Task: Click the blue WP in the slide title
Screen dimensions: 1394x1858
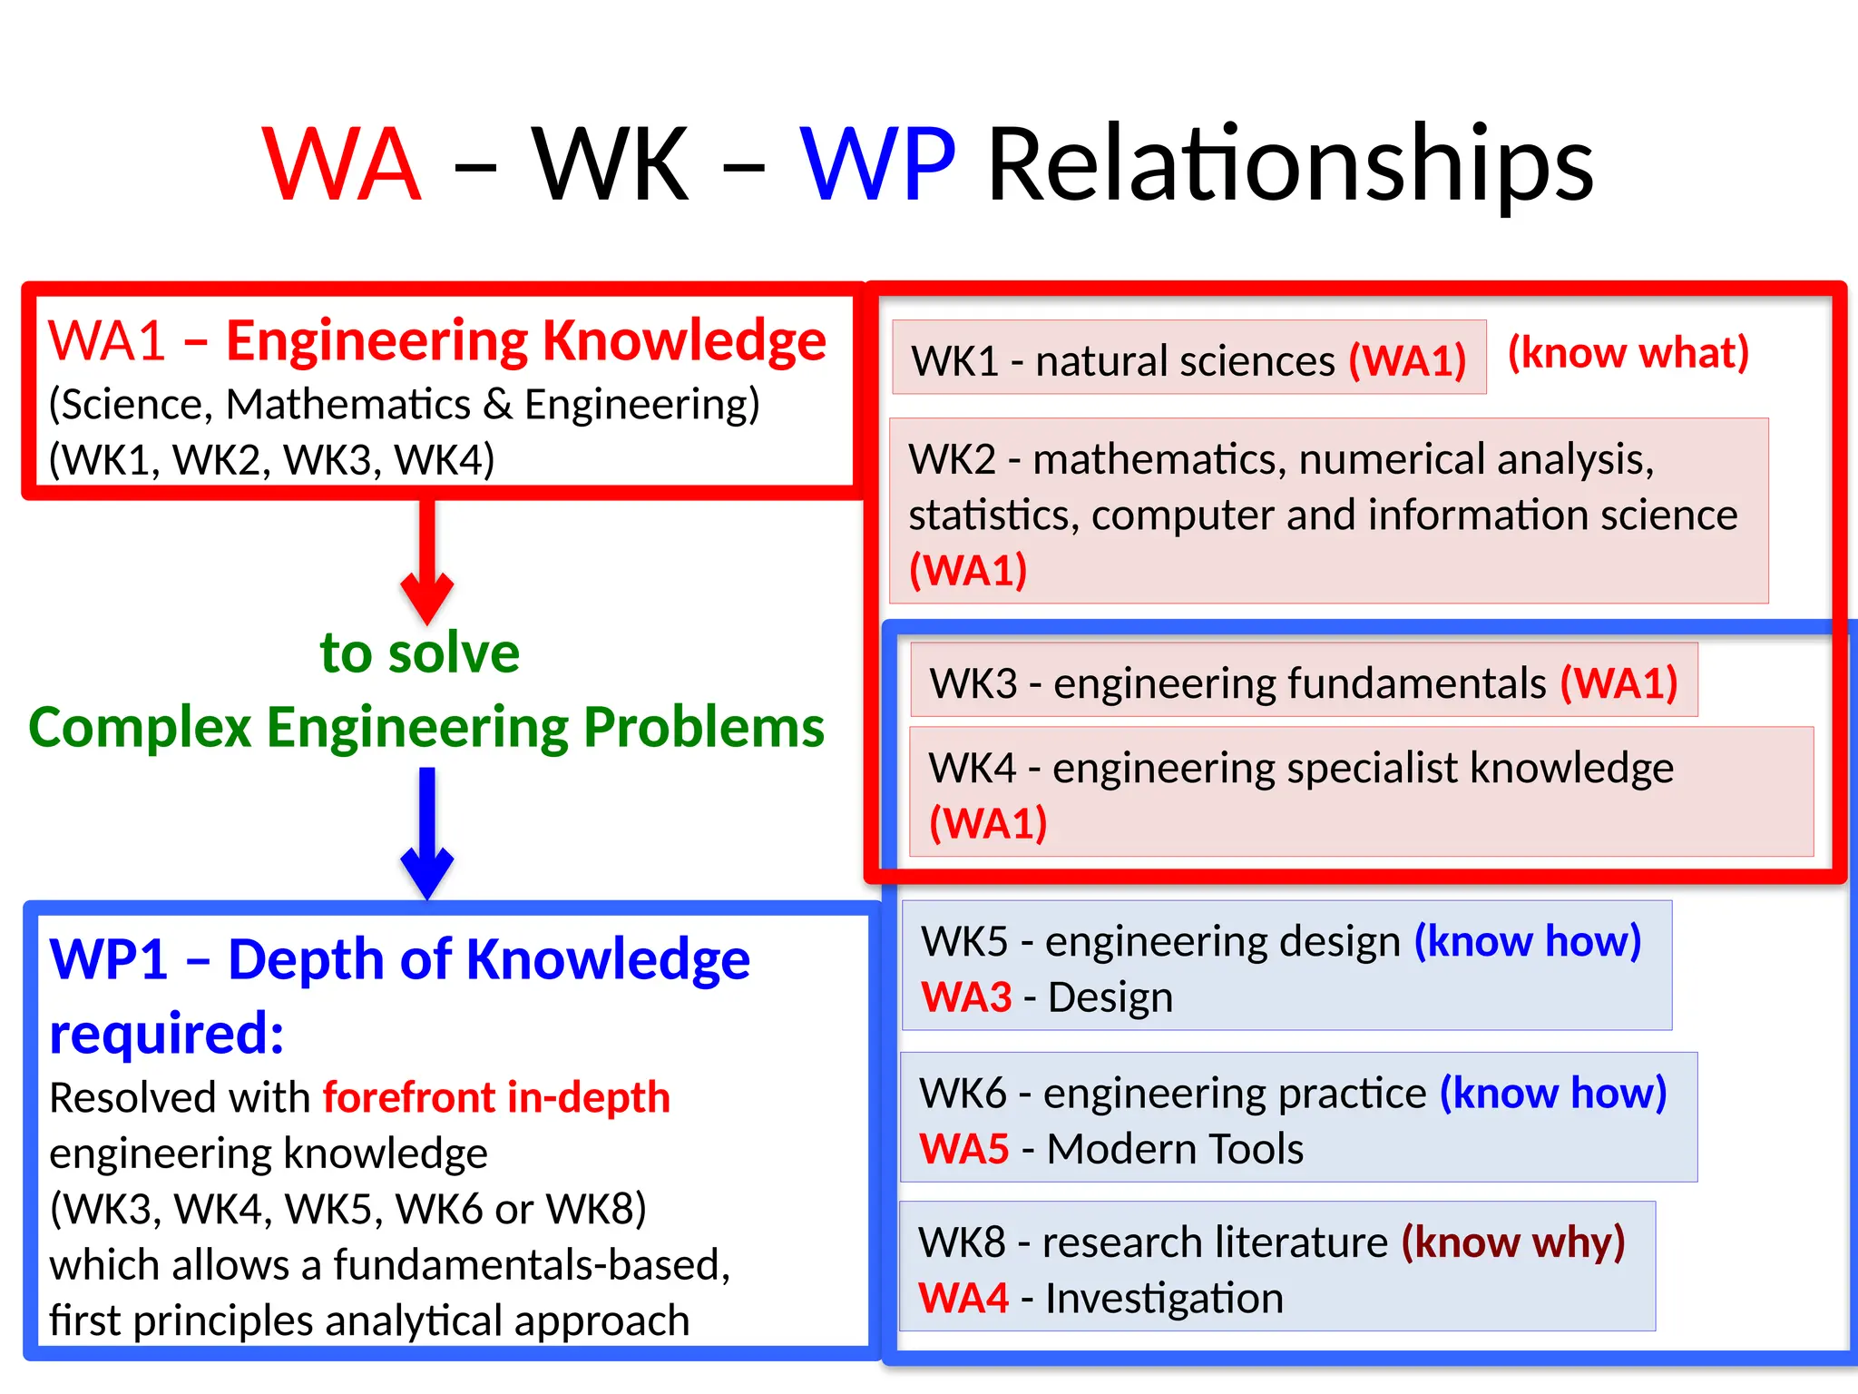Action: pyautogui.click(x=877, y=164)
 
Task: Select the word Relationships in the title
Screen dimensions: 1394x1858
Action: pyautogui.click(x=1290, y=164)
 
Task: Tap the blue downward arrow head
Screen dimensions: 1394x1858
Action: pyautogui.click(x=427, y=871)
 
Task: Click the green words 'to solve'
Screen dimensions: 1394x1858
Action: pyautogui.click(x=420, y=653)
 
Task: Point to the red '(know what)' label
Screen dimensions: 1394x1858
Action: pyautogui.click(x=1628, y=352)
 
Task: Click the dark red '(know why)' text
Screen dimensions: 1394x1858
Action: pyautogui.click(x=1512, y=1242)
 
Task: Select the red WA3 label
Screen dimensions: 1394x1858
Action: pyautogui.click(x=966, y=997)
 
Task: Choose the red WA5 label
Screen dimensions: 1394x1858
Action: pyautogui.click(x=964, y=1149)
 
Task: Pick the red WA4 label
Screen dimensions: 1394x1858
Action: pyautogui.click(x=963, y=1298)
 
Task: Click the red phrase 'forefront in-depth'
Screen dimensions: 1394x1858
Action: pyautogui.click(x=496, y=1097)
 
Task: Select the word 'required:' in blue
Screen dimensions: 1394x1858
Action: pyautogui.click(x=167, y=1033)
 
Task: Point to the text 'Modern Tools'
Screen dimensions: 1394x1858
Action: pyautogui.click(x=1175, y=1149)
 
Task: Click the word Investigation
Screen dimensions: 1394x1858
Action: pyautogui.click(x=1164, y=1298)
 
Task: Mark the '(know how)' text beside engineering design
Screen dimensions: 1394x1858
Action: pyautogui.click(x=1528, y=941)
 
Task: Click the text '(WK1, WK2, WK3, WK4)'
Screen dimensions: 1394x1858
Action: pyautogui.click(x=271, y=459)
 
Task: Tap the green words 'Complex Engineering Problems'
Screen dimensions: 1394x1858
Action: pyautogui.click(x=426, y=727)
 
